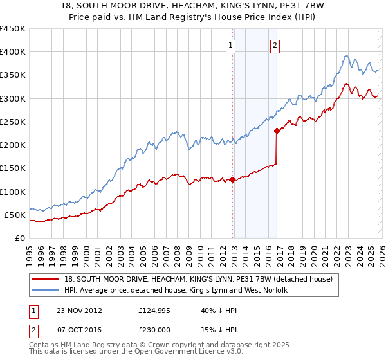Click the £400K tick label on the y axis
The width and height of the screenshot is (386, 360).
12,52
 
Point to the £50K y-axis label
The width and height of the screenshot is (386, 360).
15,215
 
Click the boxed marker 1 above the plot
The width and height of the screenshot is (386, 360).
230,45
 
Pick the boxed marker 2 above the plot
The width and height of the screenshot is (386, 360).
275,45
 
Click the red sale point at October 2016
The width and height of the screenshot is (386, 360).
277,130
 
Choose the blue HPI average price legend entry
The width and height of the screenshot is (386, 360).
176,291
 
